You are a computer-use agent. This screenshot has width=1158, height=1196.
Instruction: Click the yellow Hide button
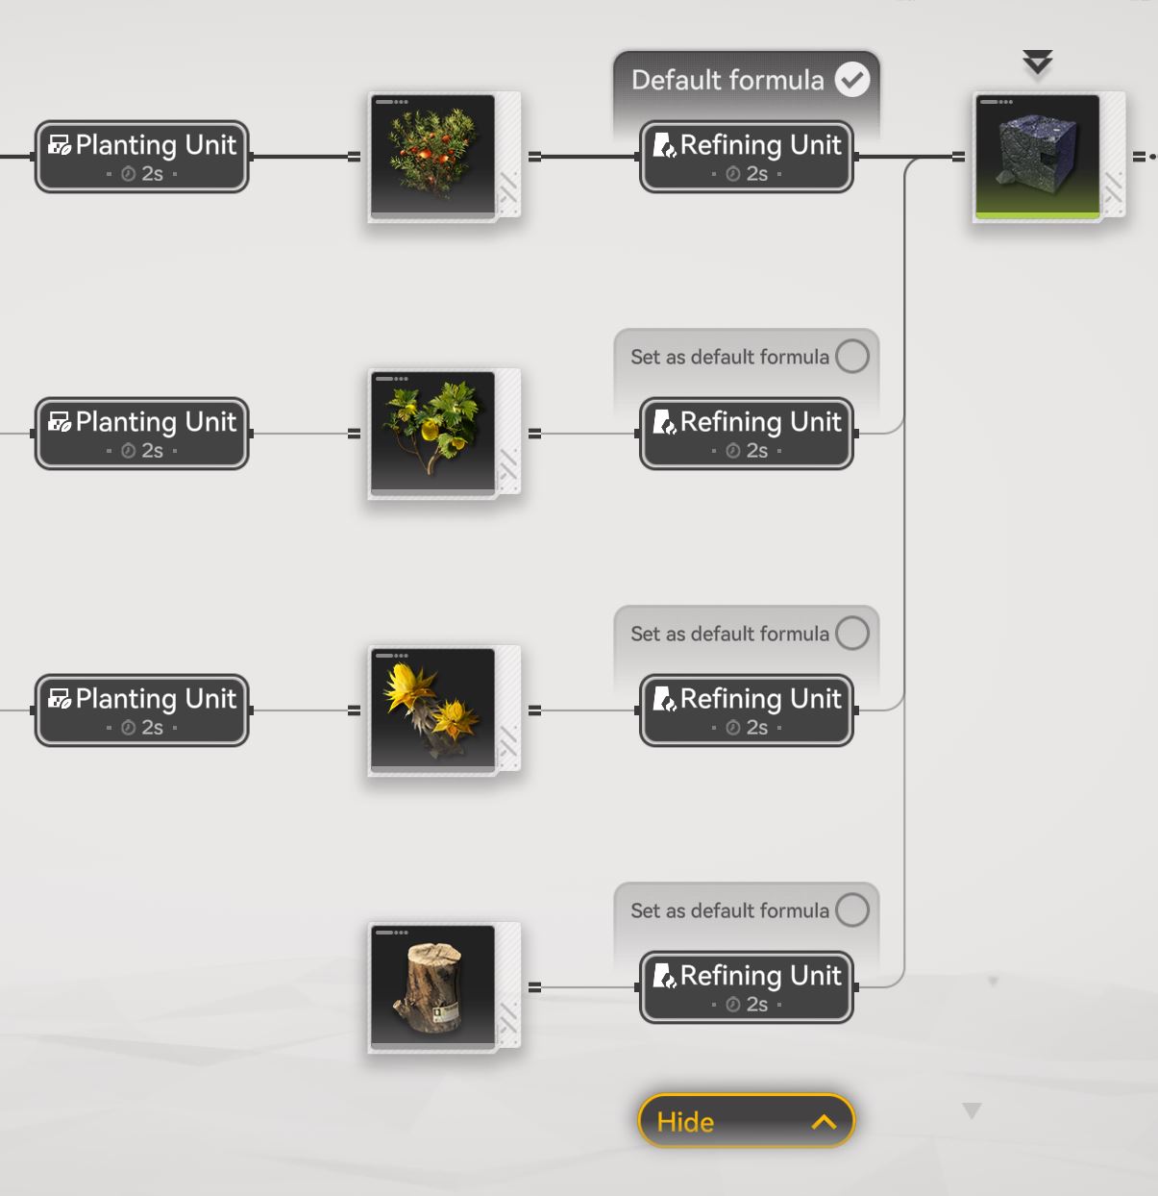pyautogui.click(x=745, y=1121)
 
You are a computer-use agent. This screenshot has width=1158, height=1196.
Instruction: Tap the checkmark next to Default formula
pyautogui.click(x=851, y=80)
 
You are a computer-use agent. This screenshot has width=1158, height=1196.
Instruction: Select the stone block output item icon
pyautogui.click(x=1038, y=157)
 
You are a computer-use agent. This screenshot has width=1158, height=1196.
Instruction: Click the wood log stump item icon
pyautogui.click(x=433, y=986)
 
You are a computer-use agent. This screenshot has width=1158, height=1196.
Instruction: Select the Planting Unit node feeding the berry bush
pyautogui.click(x=142, y=157)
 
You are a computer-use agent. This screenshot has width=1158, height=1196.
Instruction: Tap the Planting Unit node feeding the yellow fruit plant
pyautogui.click(x=142, y=434)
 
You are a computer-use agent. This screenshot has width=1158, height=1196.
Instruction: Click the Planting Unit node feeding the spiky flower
pyautogui.click(x=142, y=710)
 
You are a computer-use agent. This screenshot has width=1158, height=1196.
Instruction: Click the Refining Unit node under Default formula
pyautogui.click(x=747, y=157)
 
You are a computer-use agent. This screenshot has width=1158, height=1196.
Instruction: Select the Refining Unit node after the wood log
pyautogui.click(x=747, y=987)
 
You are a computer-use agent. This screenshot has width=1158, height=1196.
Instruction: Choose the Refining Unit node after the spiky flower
pyautogui.click(x=747, y=710)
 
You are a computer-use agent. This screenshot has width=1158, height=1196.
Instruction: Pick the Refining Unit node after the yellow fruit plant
pyautogui.click(x=747, y=434)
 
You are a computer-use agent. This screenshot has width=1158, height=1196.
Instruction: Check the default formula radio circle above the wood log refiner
pyautogui.click(x=851, y=909)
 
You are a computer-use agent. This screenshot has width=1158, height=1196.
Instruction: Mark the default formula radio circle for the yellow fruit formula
pyautogui.click(x=851, y=357)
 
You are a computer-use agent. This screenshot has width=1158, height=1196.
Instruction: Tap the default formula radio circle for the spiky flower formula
pyautogui.click(x=851, y=634)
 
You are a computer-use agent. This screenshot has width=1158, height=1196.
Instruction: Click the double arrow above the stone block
pyautogui.click(x=1038, y=63)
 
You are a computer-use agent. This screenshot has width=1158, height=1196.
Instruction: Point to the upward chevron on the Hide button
pyautogui.click(x=824, y=1122)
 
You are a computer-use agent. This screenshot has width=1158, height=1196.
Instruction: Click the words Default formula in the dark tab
pyautogui.click(x=727, y=80)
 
